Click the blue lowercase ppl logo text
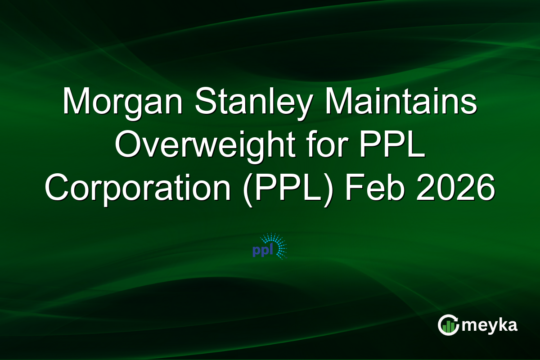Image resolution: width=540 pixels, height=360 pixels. pyautogui.click(x=262, y=252)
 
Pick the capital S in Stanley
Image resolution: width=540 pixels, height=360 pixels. pyautogui.click(x=195, y=101)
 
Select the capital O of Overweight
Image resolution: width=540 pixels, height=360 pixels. pyautogui.click(x=127, y=145)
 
